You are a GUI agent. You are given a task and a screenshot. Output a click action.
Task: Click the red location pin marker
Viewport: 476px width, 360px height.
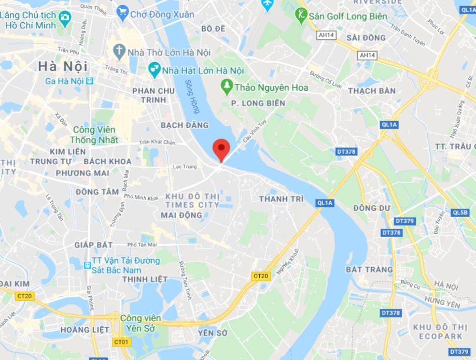(221, 149)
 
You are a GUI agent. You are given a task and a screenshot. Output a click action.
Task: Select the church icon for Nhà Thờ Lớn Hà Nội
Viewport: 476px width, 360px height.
(119, 51)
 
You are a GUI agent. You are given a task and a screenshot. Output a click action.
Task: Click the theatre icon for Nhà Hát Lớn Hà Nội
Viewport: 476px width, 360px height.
(154, 69)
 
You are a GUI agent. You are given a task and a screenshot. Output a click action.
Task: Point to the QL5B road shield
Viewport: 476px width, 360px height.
(460, 212)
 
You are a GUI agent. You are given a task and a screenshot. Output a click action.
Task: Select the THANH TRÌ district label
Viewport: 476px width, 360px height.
(280, 199)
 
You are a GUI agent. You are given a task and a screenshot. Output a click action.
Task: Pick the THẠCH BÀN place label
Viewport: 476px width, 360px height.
(372, 91)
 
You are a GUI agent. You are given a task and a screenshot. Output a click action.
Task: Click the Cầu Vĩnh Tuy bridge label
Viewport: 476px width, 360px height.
(255, 137)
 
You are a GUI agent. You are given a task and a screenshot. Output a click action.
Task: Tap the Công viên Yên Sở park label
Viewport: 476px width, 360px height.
(141, 322)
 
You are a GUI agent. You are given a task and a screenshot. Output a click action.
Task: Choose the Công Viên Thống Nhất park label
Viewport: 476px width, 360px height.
(95, 135)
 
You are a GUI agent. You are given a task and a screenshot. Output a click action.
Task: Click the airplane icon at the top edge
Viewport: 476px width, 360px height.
(267, 5)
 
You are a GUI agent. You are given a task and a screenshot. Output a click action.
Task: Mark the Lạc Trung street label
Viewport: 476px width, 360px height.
(185, 166)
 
